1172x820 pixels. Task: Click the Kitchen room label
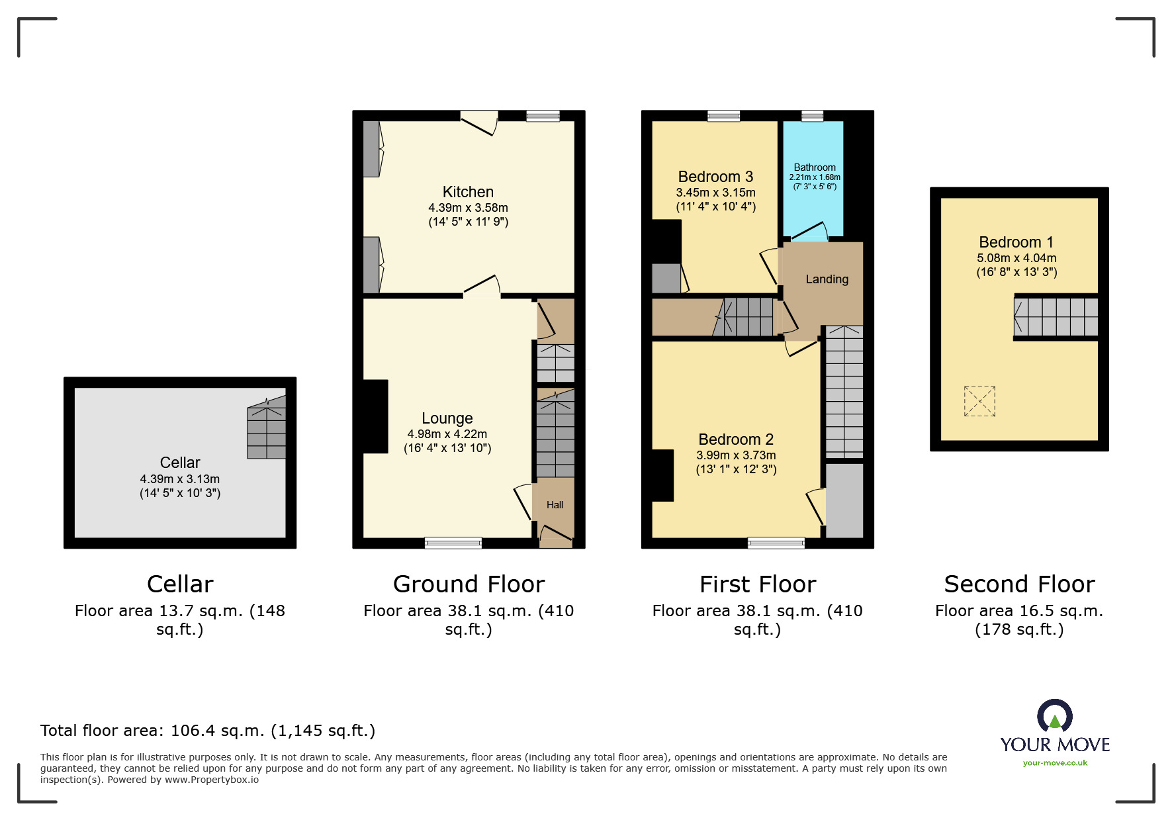click(x=468, y=192)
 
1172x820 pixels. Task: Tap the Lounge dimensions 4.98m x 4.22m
click(x=447, y=434)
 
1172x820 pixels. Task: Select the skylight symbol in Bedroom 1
click(x=979, y=401)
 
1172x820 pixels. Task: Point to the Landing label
click(x=827, y=279)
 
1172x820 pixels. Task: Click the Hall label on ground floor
click(x=555, y=505)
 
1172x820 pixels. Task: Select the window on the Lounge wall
click(x=453, y=543)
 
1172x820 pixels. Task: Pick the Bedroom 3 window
click(x=723, y=116)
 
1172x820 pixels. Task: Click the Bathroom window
click(x=812, y=116)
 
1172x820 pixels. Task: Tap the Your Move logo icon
click(x=1055, y=717)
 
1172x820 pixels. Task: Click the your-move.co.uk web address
click(x=1055, y=763)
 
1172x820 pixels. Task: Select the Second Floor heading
click(x=1019, y=584)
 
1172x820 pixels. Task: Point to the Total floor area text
click(x=208, y=731)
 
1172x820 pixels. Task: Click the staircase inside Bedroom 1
click(x=1056, y=317)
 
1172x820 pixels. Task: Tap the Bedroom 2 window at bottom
click(x=776, y=543)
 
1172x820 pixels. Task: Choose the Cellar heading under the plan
click(x=180, y=584)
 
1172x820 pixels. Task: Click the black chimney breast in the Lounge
click(x=375, y=416)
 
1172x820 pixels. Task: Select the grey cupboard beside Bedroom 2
click(x=844, y=500)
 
